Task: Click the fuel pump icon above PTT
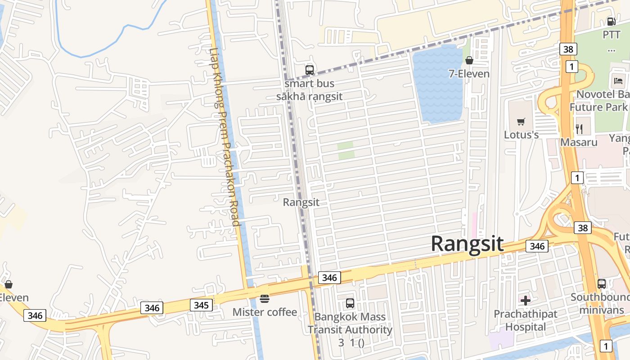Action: (611, 21)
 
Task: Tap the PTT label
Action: (611, 35)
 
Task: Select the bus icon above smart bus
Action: (310, 70)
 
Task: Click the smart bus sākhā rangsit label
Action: (310, 90)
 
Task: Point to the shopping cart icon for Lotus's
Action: (521, 121)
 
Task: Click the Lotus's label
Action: (521, 135)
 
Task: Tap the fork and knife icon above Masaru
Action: (579, 129)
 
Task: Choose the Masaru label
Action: (579, 142)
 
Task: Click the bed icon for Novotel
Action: (618, 81)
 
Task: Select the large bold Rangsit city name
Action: (467, 243)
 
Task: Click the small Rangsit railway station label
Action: (301, 202)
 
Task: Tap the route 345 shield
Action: (201, 305)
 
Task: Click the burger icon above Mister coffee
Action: (265, 298)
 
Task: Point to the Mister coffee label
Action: (265, 312)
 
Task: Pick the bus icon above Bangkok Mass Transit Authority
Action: (350, 303)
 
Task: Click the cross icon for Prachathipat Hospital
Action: (526, 300)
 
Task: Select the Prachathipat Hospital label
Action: (526, 320)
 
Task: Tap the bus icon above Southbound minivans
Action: (602, 284)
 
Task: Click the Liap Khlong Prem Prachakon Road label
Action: (225, 137)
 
